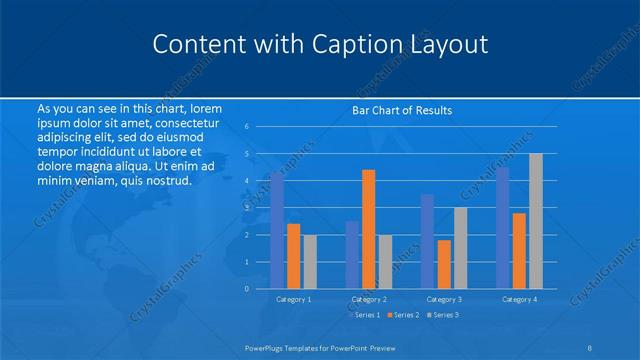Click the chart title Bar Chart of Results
tap(403, 110)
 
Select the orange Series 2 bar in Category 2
tap(368, 229)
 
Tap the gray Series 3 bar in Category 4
tap(535, 221)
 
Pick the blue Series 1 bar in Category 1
tap(277, 230)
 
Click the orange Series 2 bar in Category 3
tap(444, 264)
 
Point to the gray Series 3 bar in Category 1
tap(310, 261)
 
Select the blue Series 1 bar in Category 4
tap(502, 228)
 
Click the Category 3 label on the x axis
tap(444, 299)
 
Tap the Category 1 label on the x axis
tap(293, 299)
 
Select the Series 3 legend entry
tap(443, 315)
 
